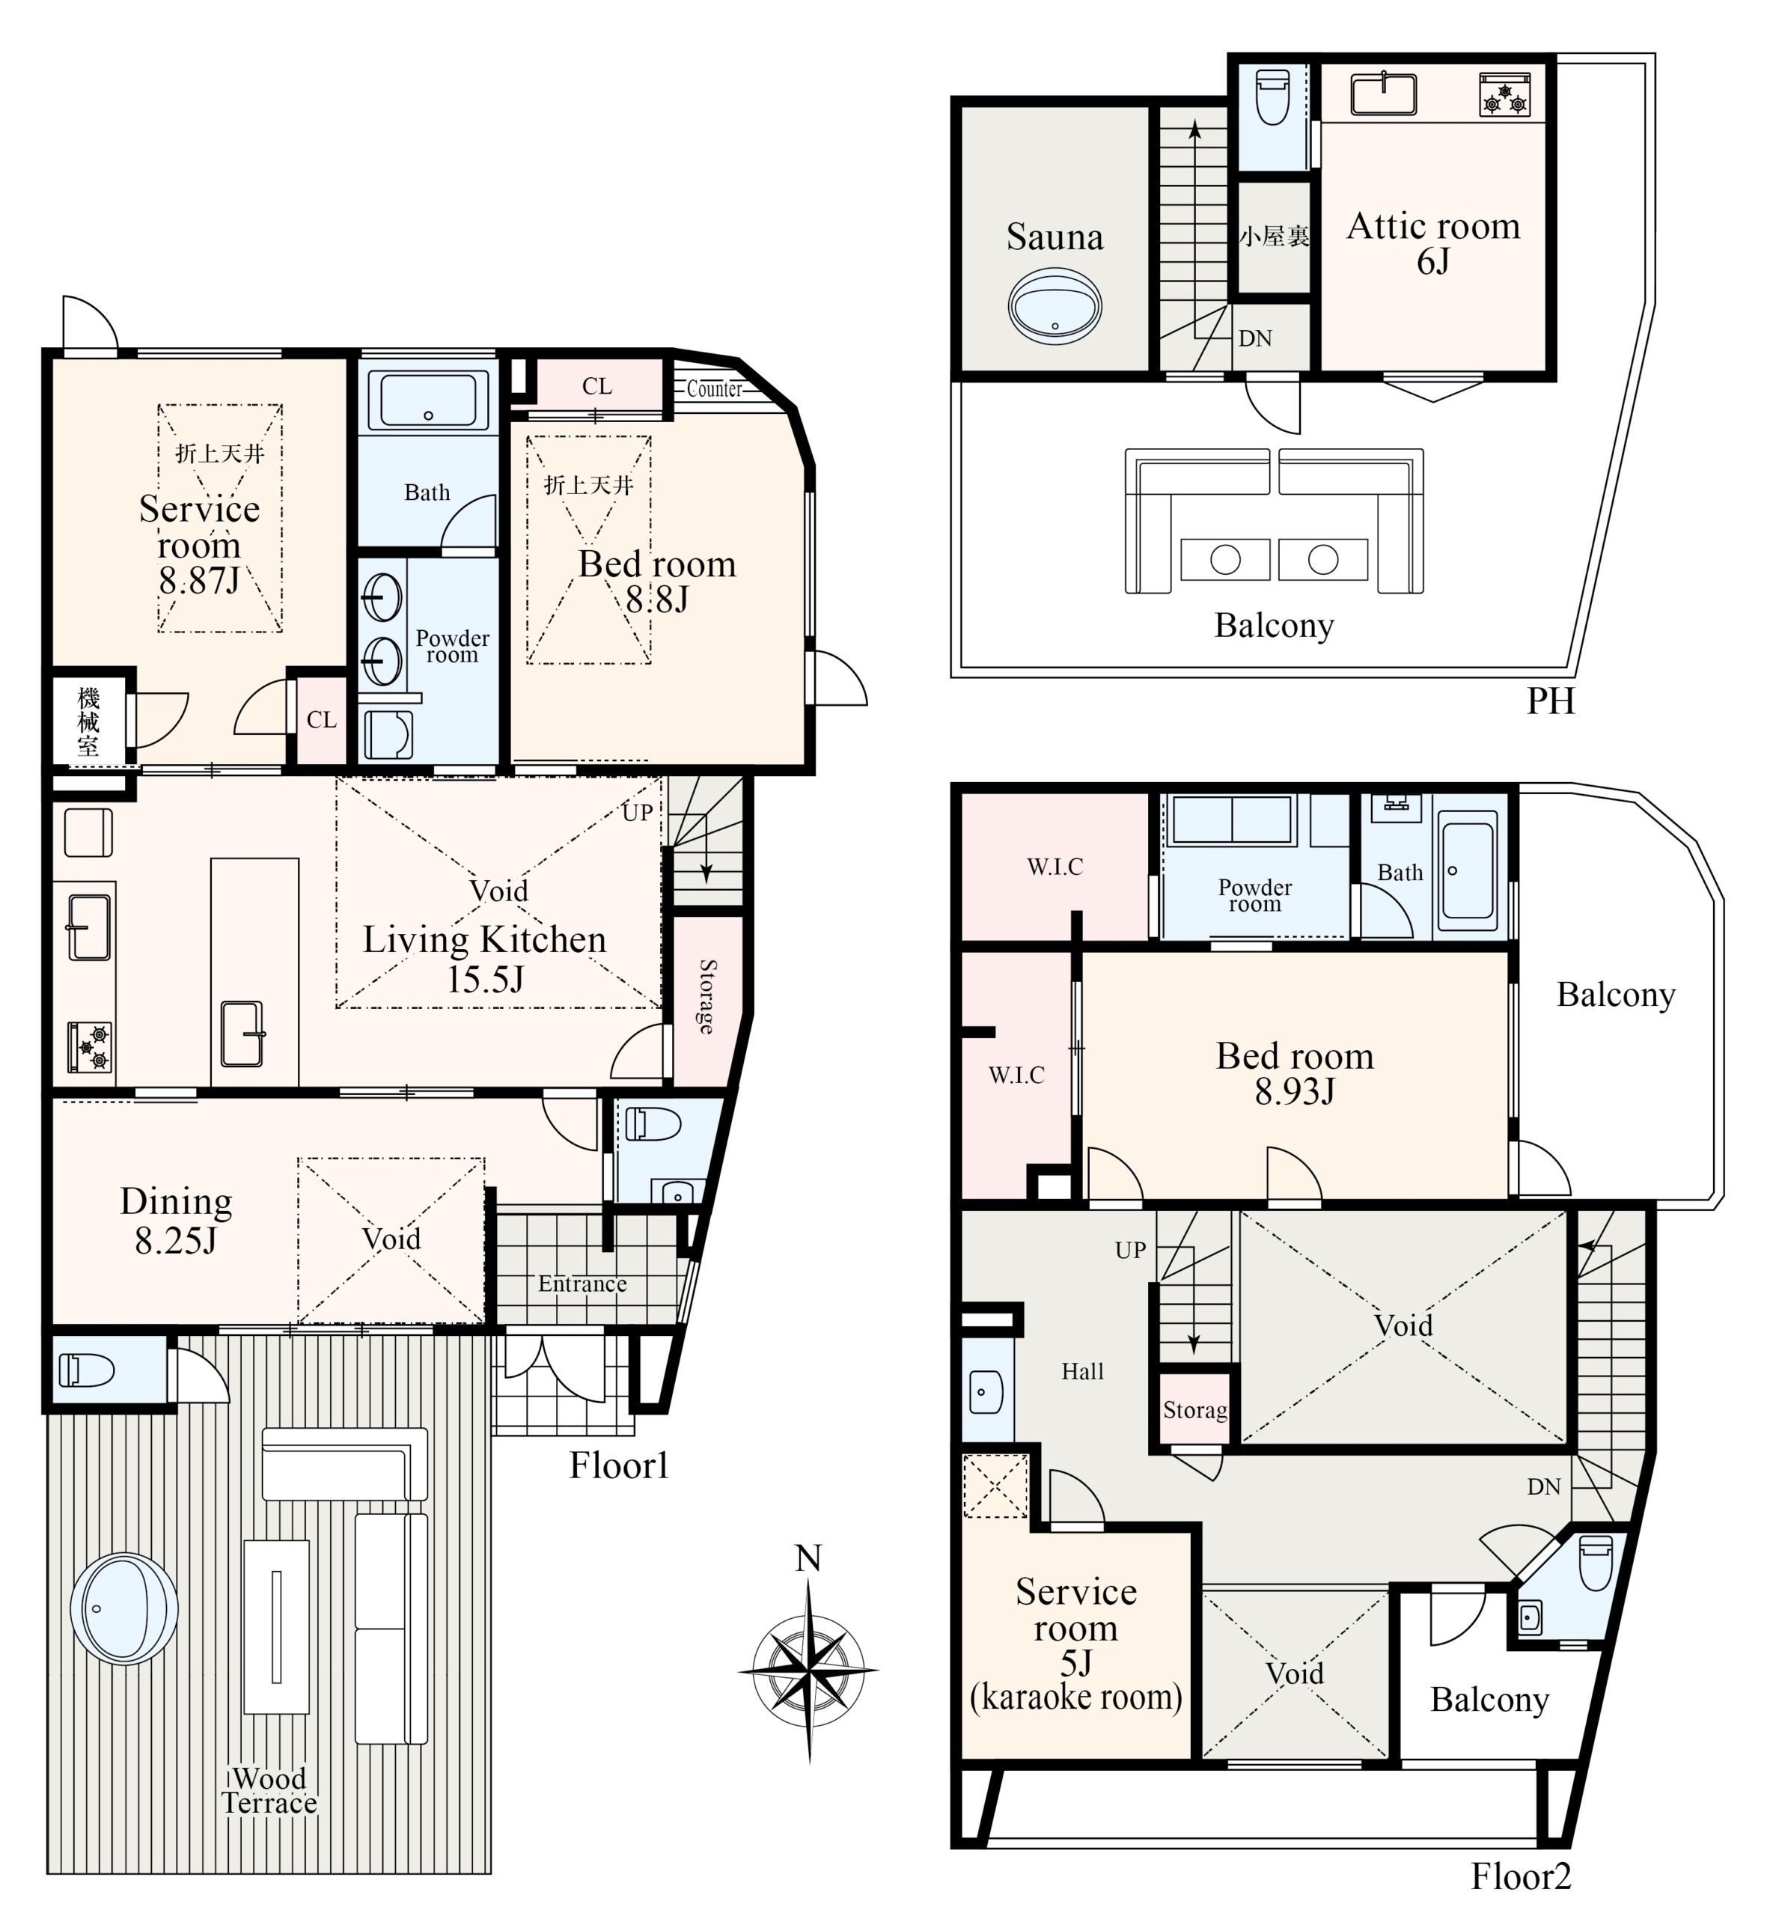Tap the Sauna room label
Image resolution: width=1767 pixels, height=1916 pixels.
[1055, 237]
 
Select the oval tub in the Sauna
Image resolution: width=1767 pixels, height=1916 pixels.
[1055, 306]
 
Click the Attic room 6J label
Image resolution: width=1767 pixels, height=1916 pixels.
[1433, 242]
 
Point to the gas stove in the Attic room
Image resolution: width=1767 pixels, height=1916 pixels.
[1504, 94]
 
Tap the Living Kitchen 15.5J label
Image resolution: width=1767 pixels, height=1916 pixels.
[485, 959]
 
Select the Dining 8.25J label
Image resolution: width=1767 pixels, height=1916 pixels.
[176, 1220]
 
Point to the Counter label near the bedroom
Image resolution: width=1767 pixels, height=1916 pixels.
[714, 388]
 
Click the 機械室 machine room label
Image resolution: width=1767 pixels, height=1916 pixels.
[88, 721]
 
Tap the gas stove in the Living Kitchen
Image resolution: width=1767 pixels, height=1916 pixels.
[90, 1046]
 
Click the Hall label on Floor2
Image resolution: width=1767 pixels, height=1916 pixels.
[1082, 1371]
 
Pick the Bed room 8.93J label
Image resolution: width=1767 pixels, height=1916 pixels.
[1295, 1073]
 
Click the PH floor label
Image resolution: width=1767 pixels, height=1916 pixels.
[1550, 701]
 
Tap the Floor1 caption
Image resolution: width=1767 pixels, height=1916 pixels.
[619, 1465]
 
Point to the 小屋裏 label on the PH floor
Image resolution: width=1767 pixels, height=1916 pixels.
[1274, 235]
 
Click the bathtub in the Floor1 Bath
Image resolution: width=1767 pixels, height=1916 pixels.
[428, 400]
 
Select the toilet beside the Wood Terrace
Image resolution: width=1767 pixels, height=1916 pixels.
[87, 1370]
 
